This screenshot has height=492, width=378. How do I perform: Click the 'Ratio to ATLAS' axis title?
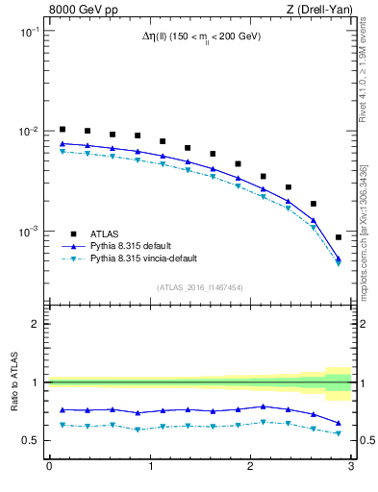(14, 382)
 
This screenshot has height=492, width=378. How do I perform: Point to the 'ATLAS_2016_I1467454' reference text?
(200, 287)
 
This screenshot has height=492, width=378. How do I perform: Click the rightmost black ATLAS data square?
(338, 236)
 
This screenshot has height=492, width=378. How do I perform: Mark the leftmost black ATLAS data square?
(63, 129)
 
